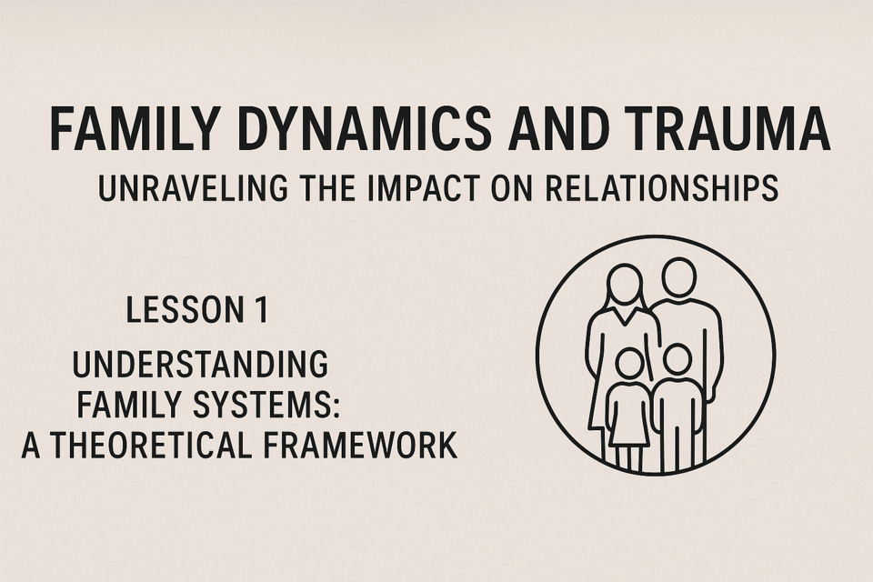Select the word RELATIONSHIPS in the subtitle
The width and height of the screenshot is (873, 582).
661,188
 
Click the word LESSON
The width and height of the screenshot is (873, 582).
178,310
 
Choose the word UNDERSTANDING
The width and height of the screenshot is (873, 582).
200,365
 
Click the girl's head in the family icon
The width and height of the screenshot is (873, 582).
629,364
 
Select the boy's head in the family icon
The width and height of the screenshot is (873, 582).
677,360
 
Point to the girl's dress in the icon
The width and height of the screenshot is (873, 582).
628,415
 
